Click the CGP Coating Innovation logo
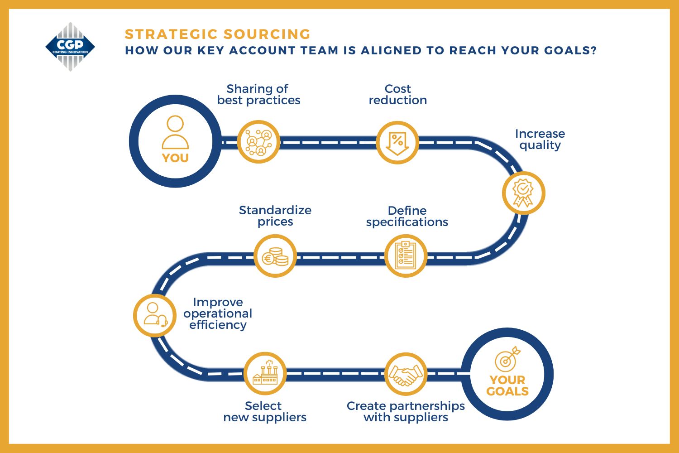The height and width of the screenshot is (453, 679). point(70,47)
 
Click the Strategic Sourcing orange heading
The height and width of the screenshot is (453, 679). point(218,34)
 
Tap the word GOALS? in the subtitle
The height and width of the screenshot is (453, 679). point(570,50)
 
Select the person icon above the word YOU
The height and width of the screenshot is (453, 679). point(175,132)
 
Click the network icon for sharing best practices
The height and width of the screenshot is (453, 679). point(258,142)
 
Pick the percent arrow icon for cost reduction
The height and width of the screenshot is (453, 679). point(397,143)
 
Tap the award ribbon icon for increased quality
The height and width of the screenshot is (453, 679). point(523,193)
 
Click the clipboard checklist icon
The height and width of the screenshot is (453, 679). point(406,255)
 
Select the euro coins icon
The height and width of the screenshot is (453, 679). point(275,257)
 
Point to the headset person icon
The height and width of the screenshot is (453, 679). point(155,315)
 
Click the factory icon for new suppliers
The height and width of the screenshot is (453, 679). point(265,372)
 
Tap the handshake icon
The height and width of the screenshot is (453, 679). point(406,375)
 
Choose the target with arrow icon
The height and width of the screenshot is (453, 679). point(507,359)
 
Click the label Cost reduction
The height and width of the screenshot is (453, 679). point(398,94)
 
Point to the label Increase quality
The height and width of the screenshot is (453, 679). point(540,140)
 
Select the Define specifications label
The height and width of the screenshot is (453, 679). point(407,217)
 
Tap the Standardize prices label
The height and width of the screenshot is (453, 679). point(275,216)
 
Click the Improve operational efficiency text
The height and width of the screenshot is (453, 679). point(218,313)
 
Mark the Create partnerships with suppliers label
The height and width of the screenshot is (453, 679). point(406,411)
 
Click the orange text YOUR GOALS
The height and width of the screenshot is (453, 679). point(507,386)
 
